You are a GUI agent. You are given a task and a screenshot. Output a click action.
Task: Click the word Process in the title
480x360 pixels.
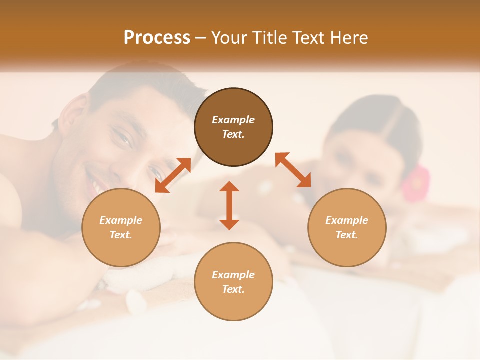157,38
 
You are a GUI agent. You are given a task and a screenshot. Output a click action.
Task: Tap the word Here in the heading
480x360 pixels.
348,38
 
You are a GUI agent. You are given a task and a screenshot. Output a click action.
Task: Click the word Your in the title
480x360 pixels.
229,38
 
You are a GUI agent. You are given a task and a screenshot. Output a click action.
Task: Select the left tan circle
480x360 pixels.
121,227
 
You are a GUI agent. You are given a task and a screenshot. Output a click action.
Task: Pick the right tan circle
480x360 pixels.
347,227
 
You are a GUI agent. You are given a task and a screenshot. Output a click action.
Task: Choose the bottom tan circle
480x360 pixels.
233,282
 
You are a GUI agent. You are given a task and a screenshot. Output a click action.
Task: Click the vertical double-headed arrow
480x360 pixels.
229,205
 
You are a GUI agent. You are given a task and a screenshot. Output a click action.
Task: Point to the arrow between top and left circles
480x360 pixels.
173,175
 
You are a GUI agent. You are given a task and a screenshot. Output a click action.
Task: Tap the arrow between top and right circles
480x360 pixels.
293,170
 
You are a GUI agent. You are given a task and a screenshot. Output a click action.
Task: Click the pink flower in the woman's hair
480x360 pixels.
416,184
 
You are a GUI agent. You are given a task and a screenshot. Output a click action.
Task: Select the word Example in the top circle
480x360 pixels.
233,120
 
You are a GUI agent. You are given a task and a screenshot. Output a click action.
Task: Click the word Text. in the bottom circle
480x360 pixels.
233,289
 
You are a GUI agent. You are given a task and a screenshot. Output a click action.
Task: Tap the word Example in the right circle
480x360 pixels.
347,220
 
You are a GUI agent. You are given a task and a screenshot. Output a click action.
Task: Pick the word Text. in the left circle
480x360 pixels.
121,235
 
